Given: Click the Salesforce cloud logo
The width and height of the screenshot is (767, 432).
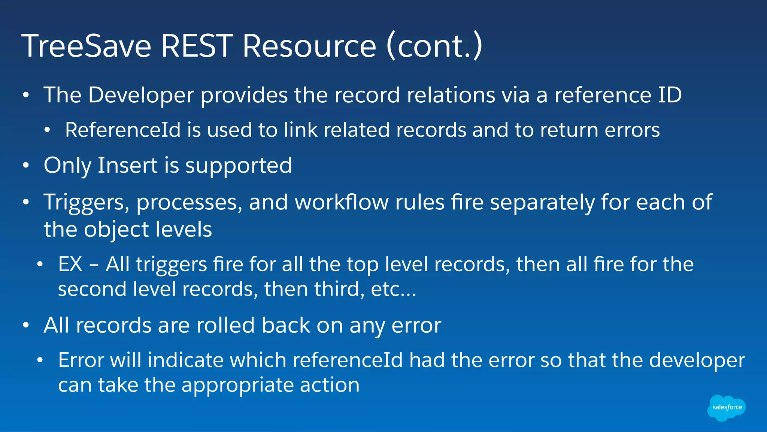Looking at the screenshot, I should pos(727,407).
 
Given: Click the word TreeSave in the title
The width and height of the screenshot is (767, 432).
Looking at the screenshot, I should pos(87,46).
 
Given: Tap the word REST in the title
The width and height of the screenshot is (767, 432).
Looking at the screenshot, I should pos(197,46).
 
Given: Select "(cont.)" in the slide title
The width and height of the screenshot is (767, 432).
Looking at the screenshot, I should pos(434,46).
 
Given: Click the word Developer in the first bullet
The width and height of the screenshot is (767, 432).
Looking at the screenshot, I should pos(141,95).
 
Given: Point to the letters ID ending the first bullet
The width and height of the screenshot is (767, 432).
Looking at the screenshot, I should pos(670,95).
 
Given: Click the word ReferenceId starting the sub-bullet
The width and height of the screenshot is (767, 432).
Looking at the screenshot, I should pos(123,130).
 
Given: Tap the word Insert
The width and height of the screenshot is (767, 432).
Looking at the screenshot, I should pos(127,165).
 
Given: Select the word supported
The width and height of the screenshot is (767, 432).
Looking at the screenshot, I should pos(239,166).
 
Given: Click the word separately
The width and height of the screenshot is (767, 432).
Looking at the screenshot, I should pos(542,203).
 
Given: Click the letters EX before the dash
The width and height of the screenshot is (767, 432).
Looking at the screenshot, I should pos(70,264).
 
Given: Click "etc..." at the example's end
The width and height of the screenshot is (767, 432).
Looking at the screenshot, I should pos(393,289).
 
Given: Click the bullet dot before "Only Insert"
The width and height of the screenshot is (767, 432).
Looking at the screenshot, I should pos(25,166).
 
